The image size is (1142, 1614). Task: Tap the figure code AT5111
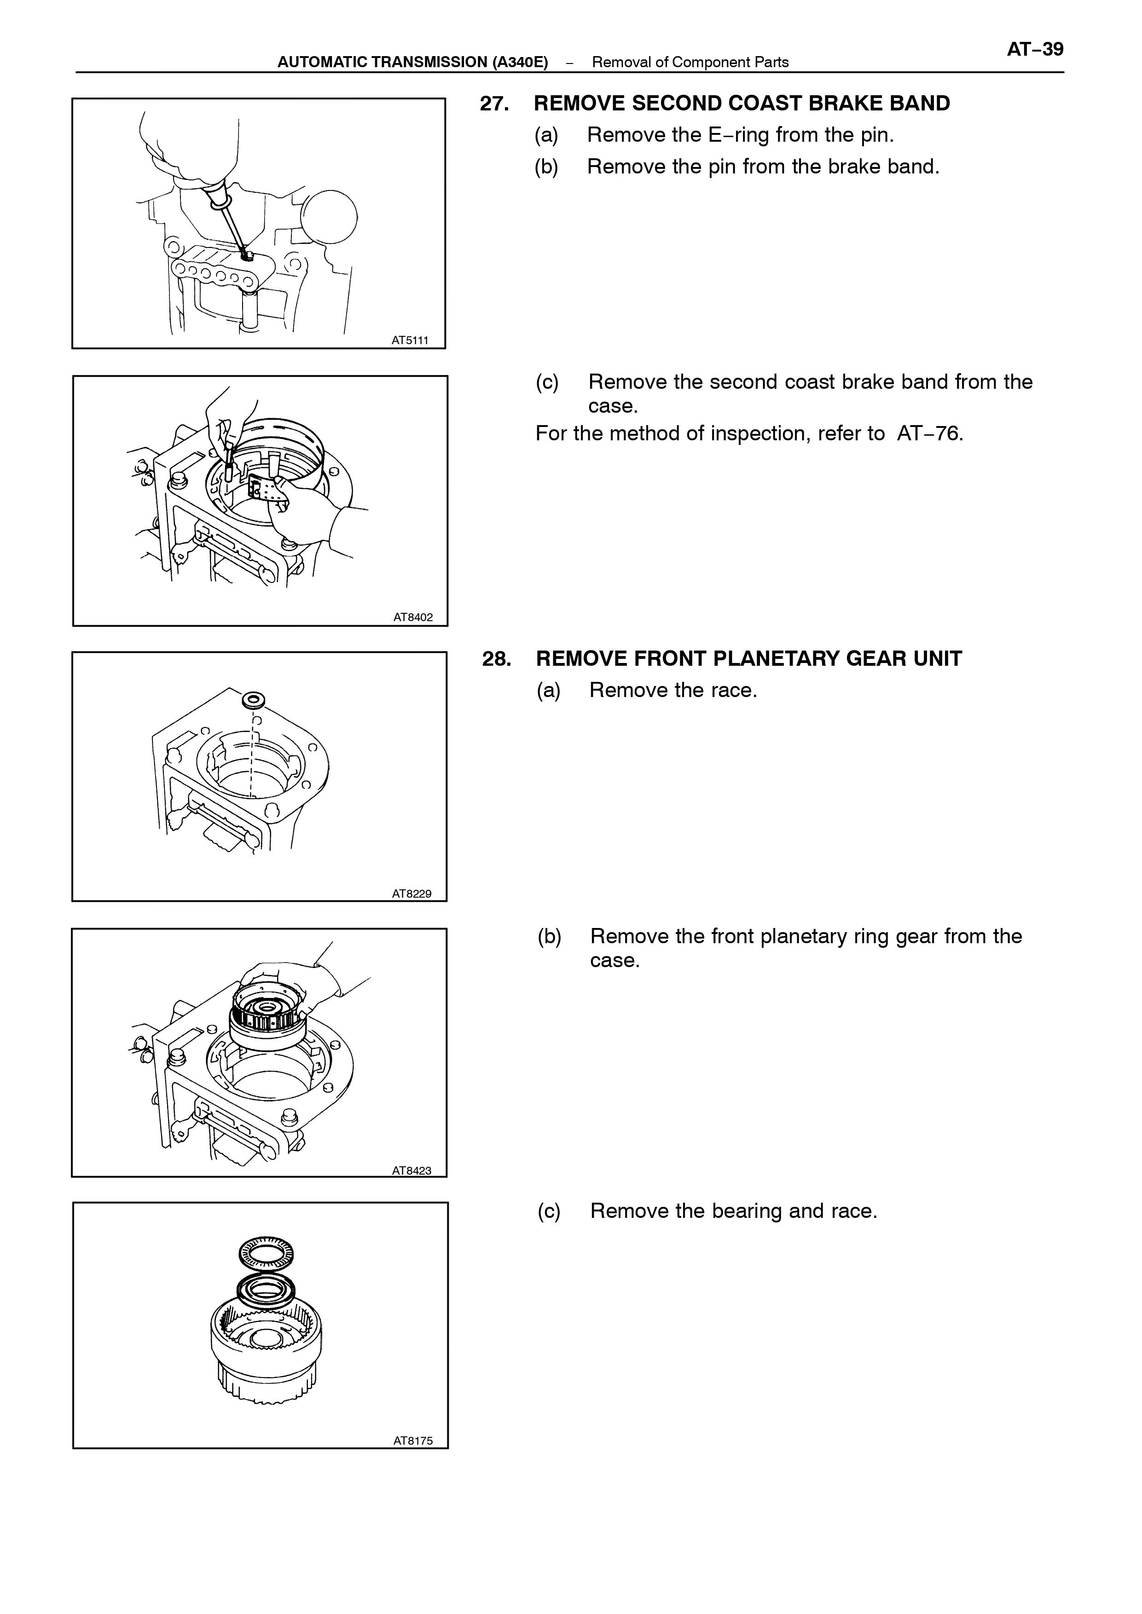409,340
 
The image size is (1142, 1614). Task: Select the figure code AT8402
413,617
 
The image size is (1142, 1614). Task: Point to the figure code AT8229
412,893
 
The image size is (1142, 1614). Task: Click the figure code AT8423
412,1170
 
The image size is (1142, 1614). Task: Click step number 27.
494,104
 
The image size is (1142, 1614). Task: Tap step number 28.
497,659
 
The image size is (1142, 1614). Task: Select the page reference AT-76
930,434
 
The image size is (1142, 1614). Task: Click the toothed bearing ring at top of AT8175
266,1253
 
